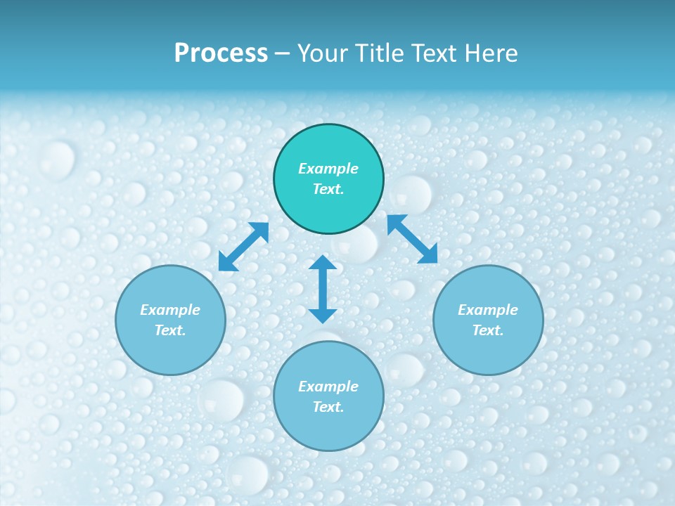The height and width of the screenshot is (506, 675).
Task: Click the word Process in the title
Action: tap(221, 53)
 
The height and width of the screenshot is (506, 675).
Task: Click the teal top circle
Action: tap(328, 179)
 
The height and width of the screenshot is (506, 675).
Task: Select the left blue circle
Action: tap(170, 320)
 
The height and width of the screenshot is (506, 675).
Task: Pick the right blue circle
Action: tap(488, 320)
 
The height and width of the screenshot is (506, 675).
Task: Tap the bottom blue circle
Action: tap(328, 396)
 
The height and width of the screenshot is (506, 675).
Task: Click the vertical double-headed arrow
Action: tap(323, 289)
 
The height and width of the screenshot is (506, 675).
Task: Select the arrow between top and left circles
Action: tap(244, 247)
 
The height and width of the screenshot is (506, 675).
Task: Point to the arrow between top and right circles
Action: tap(413, 239)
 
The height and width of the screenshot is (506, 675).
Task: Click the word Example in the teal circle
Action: tap(328, 169)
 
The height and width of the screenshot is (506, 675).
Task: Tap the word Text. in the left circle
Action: tap(170, 330)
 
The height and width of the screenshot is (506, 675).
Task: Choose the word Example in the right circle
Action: tap(488, 310)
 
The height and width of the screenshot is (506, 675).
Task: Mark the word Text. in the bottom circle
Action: tap(328, 407)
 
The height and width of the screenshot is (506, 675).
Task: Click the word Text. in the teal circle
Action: tap(328, 189)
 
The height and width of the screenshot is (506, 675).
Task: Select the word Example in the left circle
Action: tap(170, 310)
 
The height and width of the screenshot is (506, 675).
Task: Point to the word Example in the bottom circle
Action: tap(328, 387)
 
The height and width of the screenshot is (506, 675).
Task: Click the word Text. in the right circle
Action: tap(488, 330)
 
